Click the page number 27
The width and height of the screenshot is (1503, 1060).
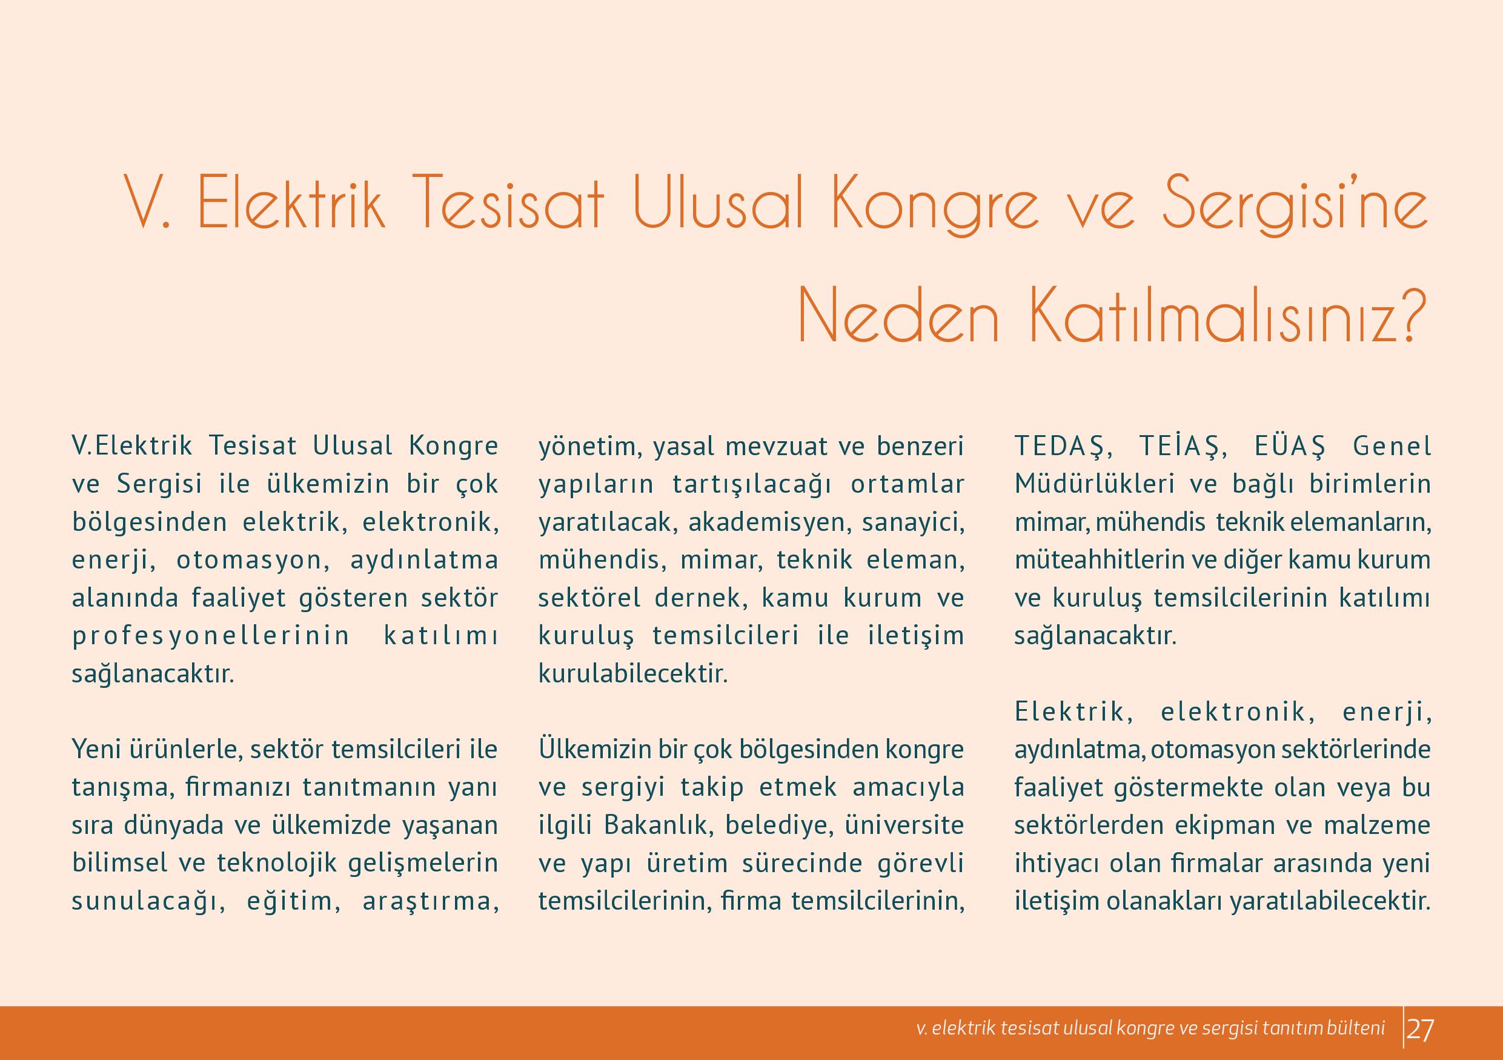[x=1420, y=1030]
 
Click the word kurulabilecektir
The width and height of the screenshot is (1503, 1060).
[x=633, y=675]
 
